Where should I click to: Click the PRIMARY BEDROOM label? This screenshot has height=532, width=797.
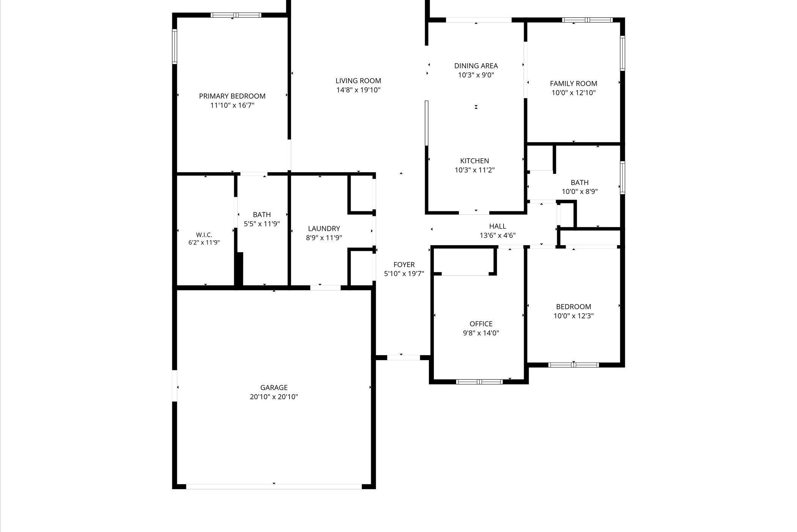(232, 96)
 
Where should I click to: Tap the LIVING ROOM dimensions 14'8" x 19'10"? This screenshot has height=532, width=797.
(358, 90)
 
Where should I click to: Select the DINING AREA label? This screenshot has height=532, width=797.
(476, 66)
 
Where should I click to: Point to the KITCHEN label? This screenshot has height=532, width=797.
(474, 161)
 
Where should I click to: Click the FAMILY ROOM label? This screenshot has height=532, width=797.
(573, 83)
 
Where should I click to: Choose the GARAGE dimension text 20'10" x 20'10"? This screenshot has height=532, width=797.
(274, 397)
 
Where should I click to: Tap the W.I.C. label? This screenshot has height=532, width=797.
(204, 235)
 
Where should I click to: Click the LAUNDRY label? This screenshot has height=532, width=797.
(324, 228)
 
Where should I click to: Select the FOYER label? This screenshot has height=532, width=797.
(404, 264)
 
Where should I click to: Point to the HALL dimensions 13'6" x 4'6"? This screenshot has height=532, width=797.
(498, 235)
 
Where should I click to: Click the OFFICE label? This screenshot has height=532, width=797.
(481, 324)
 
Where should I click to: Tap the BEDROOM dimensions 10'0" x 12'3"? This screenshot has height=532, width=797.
(573, 316)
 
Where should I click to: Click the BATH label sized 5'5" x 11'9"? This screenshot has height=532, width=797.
(262, 214)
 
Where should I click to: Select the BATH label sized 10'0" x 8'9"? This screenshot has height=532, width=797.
(580, 183)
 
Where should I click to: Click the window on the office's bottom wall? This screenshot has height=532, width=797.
(479, 382)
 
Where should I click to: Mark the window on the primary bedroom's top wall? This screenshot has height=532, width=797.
(236, 15)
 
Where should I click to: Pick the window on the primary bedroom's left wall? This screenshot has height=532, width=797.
(175, 46)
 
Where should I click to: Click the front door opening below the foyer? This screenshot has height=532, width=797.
(403, 357)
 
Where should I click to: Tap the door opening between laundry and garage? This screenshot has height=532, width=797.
(326, 288)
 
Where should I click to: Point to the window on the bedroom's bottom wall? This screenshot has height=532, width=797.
(573, 365)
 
